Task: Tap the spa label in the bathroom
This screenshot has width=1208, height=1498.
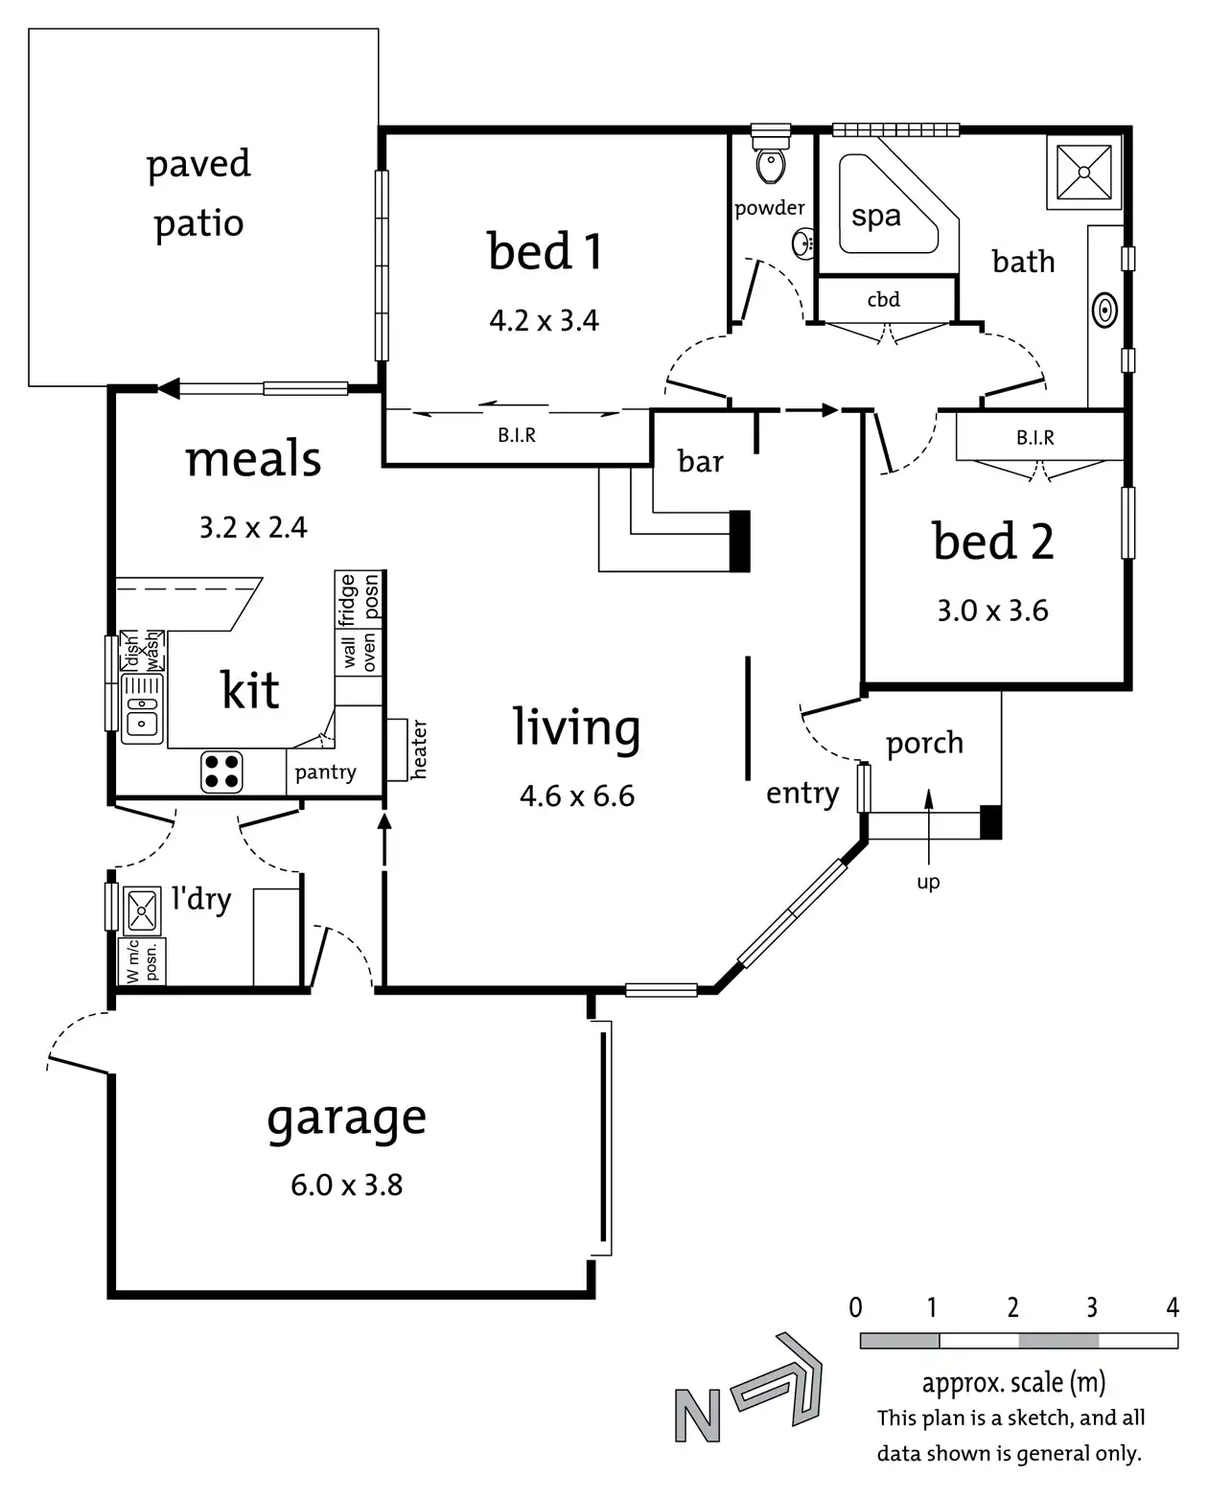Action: pos(876,216)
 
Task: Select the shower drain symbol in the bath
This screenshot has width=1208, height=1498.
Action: pos(1084,173)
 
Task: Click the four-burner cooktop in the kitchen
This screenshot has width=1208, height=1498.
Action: pos(221,772)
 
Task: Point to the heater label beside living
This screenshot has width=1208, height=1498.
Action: pos(419,749)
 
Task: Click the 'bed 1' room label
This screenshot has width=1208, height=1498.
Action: pos(546,251)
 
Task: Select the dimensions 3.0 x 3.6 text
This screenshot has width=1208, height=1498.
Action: pos(992,611)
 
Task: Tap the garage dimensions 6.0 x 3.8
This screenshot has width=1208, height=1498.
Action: pos(346,1186)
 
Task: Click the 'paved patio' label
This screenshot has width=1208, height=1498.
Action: pos(198,193)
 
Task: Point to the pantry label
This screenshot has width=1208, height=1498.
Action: pos(325,772)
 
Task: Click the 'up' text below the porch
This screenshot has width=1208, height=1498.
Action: pos(928,882)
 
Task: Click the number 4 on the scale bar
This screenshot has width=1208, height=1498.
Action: pos(1172,1307)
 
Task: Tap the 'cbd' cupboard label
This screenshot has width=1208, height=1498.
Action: pos(883,299)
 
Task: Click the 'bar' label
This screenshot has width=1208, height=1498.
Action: pos(700,461)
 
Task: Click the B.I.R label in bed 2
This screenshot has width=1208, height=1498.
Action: pos(1034,438)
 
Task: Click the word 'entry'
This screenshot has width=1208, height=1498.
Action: pos(802,794)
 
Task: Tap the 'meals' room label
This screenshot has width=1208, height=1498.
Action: pos(253,459)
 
